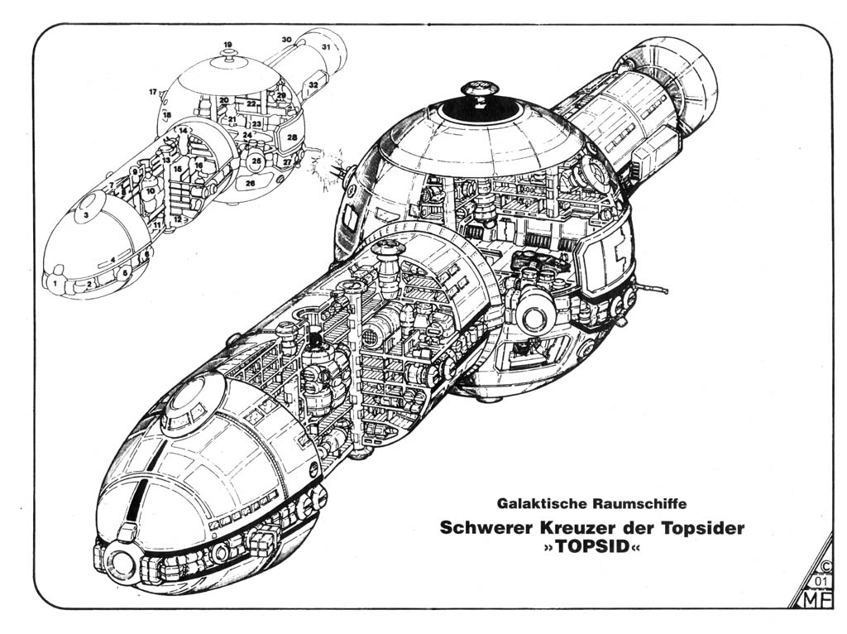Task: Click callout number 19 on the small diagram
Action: click(227, 44)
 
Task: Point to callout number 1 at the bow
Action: click(55, 284)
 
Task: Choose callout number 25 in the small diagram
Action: click(257, 161)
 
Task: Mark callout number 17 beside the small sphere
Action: click(153, 92)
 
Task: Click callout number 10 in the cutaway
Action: click(150, 191)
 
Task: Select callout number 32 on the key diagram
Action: click(313, 84)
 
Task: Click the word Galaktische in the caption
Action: click(538, 502)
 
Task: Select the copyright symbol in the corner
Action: click(824, 567)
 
